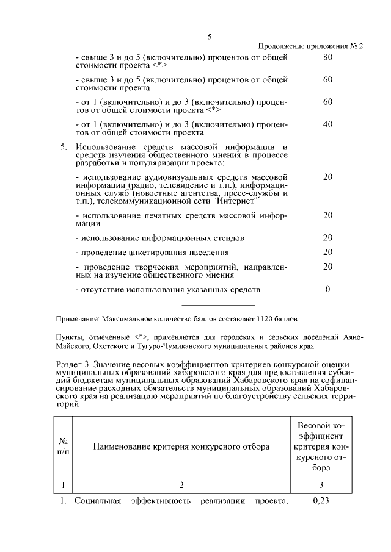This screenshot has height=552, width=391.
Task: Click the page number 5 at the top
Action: point(209,37)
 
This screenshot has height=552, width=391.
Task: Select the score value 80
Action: point(327,57)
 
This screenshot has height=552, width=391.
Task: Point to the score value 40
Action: point(327,124)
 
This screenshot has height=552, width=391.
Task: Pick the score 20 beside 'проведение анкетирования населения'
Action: point(327,252)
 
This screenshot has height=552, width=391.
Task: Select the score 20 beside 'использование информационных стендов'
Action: point(327,237)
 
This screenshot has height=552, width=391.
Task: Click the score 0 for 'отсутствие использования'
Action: point(327,289)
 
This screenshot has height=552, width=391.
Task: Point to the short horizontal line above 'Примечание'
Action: point(218,305)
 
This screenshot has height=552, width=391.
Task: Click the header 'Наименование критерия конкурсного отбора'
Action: point(181,446)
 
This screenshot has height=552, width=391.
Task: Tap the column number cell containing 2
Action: point(181,486)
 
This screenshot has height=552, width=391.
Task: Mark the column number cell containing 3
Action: point(321,486)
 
